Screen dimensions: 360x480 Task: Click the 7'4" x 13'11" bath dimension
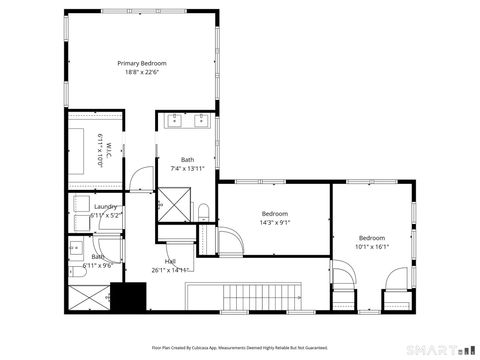click(187, 168)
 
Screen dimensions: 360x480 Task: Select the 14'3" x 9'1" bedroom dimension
click(275, 222)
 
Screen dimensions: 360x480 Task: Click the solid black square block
click(128, 297)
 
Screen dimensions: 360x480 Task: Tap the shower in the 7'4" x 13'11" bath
click(174, 204)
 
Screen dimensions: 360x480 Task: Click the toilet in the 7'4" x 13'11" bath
click(204, 211)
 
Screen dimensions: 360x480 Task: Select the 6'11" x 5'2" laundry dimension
click(105, 215)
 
